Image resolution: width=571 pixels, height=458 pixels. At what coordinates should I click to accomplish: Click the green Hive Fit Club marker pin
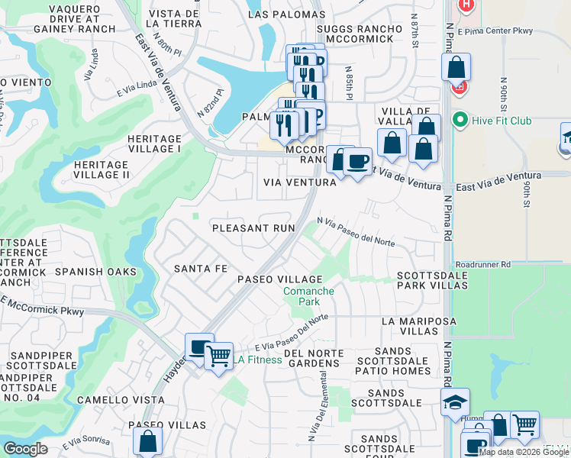click(460, 120)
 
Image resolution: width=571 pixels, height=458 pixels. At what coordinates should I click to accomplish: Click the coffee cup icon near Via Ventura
click(356, 162)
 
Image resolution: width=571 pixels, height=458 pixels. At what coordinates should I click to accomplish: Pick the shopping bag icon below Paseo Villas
click(147, 441)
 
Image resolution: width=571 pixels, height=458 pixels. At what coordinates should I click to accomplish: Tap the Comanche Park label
click(309, 296)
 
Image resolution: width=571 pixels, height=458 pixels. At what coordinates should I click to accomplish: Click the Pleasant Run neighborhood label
click(253, 228)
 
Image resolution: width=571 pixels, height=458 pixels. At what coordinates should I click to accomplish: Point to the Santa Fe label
click(201, 269)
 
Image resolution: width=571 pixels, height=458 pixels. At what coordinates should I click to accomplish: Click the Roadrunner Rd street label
click(479, 264)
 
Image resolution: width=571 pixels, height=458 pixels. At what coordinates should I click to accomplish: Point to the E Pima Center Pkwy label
click(496, 31)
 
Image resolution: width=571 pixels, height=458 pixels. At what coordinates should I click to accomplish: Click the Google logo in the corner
click(25, 449)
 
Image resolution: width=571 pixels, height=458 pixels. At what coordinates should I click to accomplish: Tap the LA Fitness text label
click(258, 360)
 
